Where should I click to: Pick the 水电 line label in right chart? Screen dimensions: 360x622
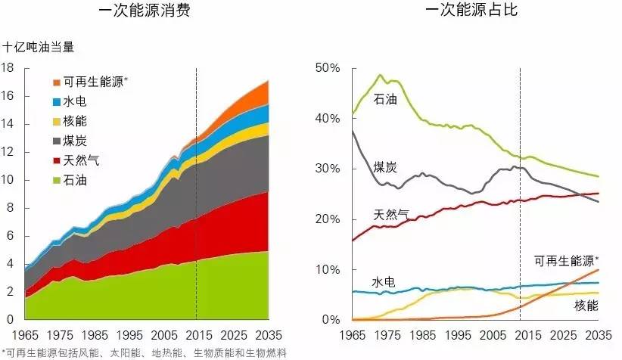(x=384, y=282)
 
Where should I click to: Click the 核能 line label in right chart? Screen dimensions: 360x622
(x=586, y=306)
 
